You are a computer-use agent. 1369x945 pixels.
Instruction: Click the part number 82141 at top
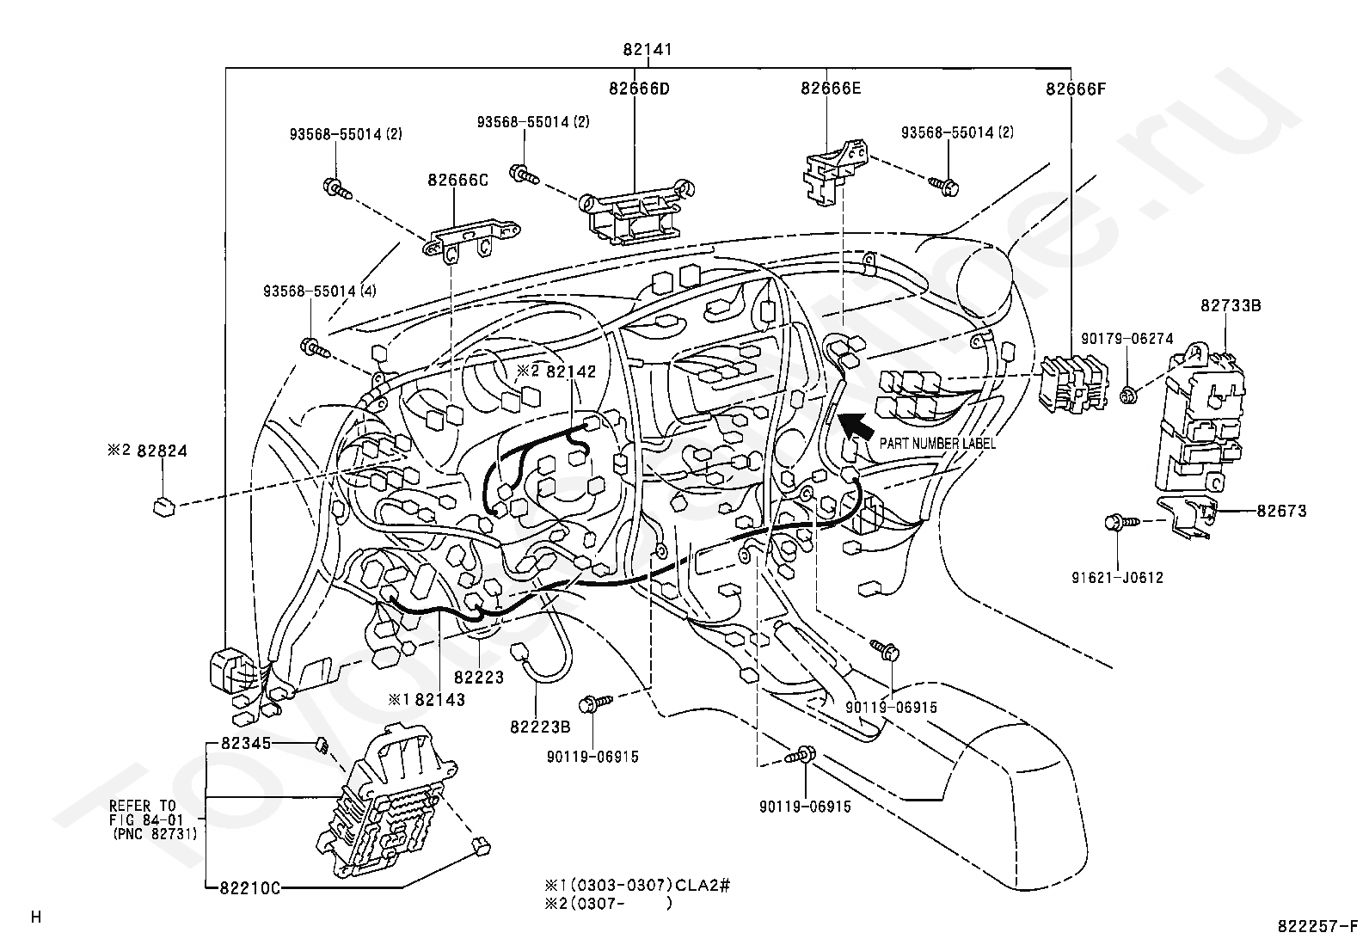pyautogui.click(x=648, y=49)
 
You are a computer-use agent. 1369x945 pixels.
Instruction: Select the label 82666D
pyautogui.click(x=639, y=89)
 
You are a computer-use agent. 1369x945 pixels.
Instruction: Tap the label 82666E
pyautogui.click(x=831, y=88)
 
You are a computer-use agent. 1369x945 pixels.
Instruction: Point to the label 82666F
pyautogui.click(x=1076, y=89)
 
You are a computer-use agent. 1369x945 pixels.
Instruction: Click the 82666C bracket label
pyautogui.click(x=457, y=181)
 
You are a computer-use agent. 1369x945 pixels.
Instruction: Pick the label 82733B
pyautogui.click(x=1231, y=305)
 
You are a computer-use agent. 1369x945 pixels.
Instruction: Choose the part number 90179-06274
pyautogui.click(x=1127, y=339)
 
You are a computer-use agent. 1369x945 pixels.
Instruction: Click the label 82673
pyautogui.click(x=1281, y=511)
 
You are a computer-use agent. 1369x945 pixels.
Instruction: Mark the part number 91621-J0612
pyautogui.click(x=1117, y=578)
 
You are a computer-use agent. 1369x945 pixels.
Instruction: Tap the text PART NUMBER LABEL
pyautogui.click(x=937, y=444)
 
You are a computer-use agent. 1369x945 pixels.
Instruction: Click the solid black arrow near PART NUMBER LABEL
pyautogui.click(x=856, y=426)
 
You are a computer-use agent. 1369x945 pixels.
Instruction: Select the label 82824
pyautogui.click(x=162, y=451)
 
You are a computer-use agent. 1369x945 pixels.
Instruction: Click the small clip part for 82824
pyautogui.click(x=163, y=506)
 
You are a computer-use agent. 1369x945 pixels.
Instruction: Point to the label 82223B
pyautogui.click(x=540, y=727)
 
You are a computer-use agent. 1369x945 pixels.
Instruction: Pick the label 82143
pyautogui.click(x=440, y=699)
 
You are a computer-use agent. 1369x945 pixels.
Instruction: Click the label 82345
pyautogui.click(x=246, y=743)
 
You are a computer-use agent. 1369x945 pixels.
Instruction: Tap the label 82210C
pyautogui.click(x=250, y=887)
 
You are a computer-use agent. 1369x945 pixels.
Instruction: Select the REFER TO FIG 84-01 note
pyautogui.click(x=153, y=819)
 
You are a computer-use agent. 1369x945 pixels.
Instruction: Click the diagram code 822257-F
pyautogui.click(x=1317, y=926)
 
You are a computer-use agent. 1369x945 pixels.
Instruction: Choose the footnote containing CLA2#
pyautogui.click(x=637, y=885)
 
